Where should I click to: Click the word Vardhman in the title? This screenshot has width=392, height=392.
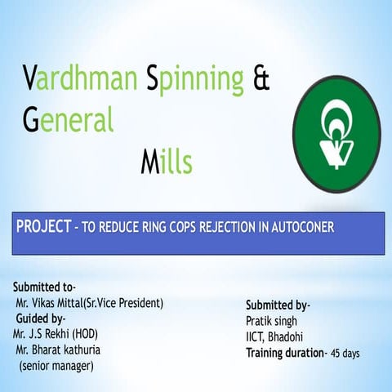coord(78,79)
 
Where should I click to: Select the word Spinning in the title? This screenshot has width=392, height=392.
coord(195,79)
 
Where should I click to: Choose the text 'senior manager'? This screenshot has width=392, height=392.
coord(56,365)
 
